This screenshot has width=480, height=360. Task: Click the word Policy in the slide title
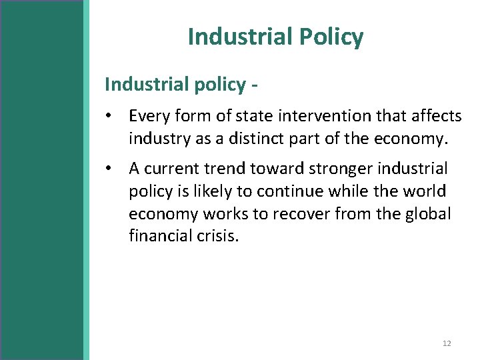[x=331, y=37]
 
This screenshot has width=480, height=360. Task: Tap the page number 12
[x=447, y=343]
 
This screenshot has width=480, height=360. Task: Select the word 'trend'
[x=241, y=169]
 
